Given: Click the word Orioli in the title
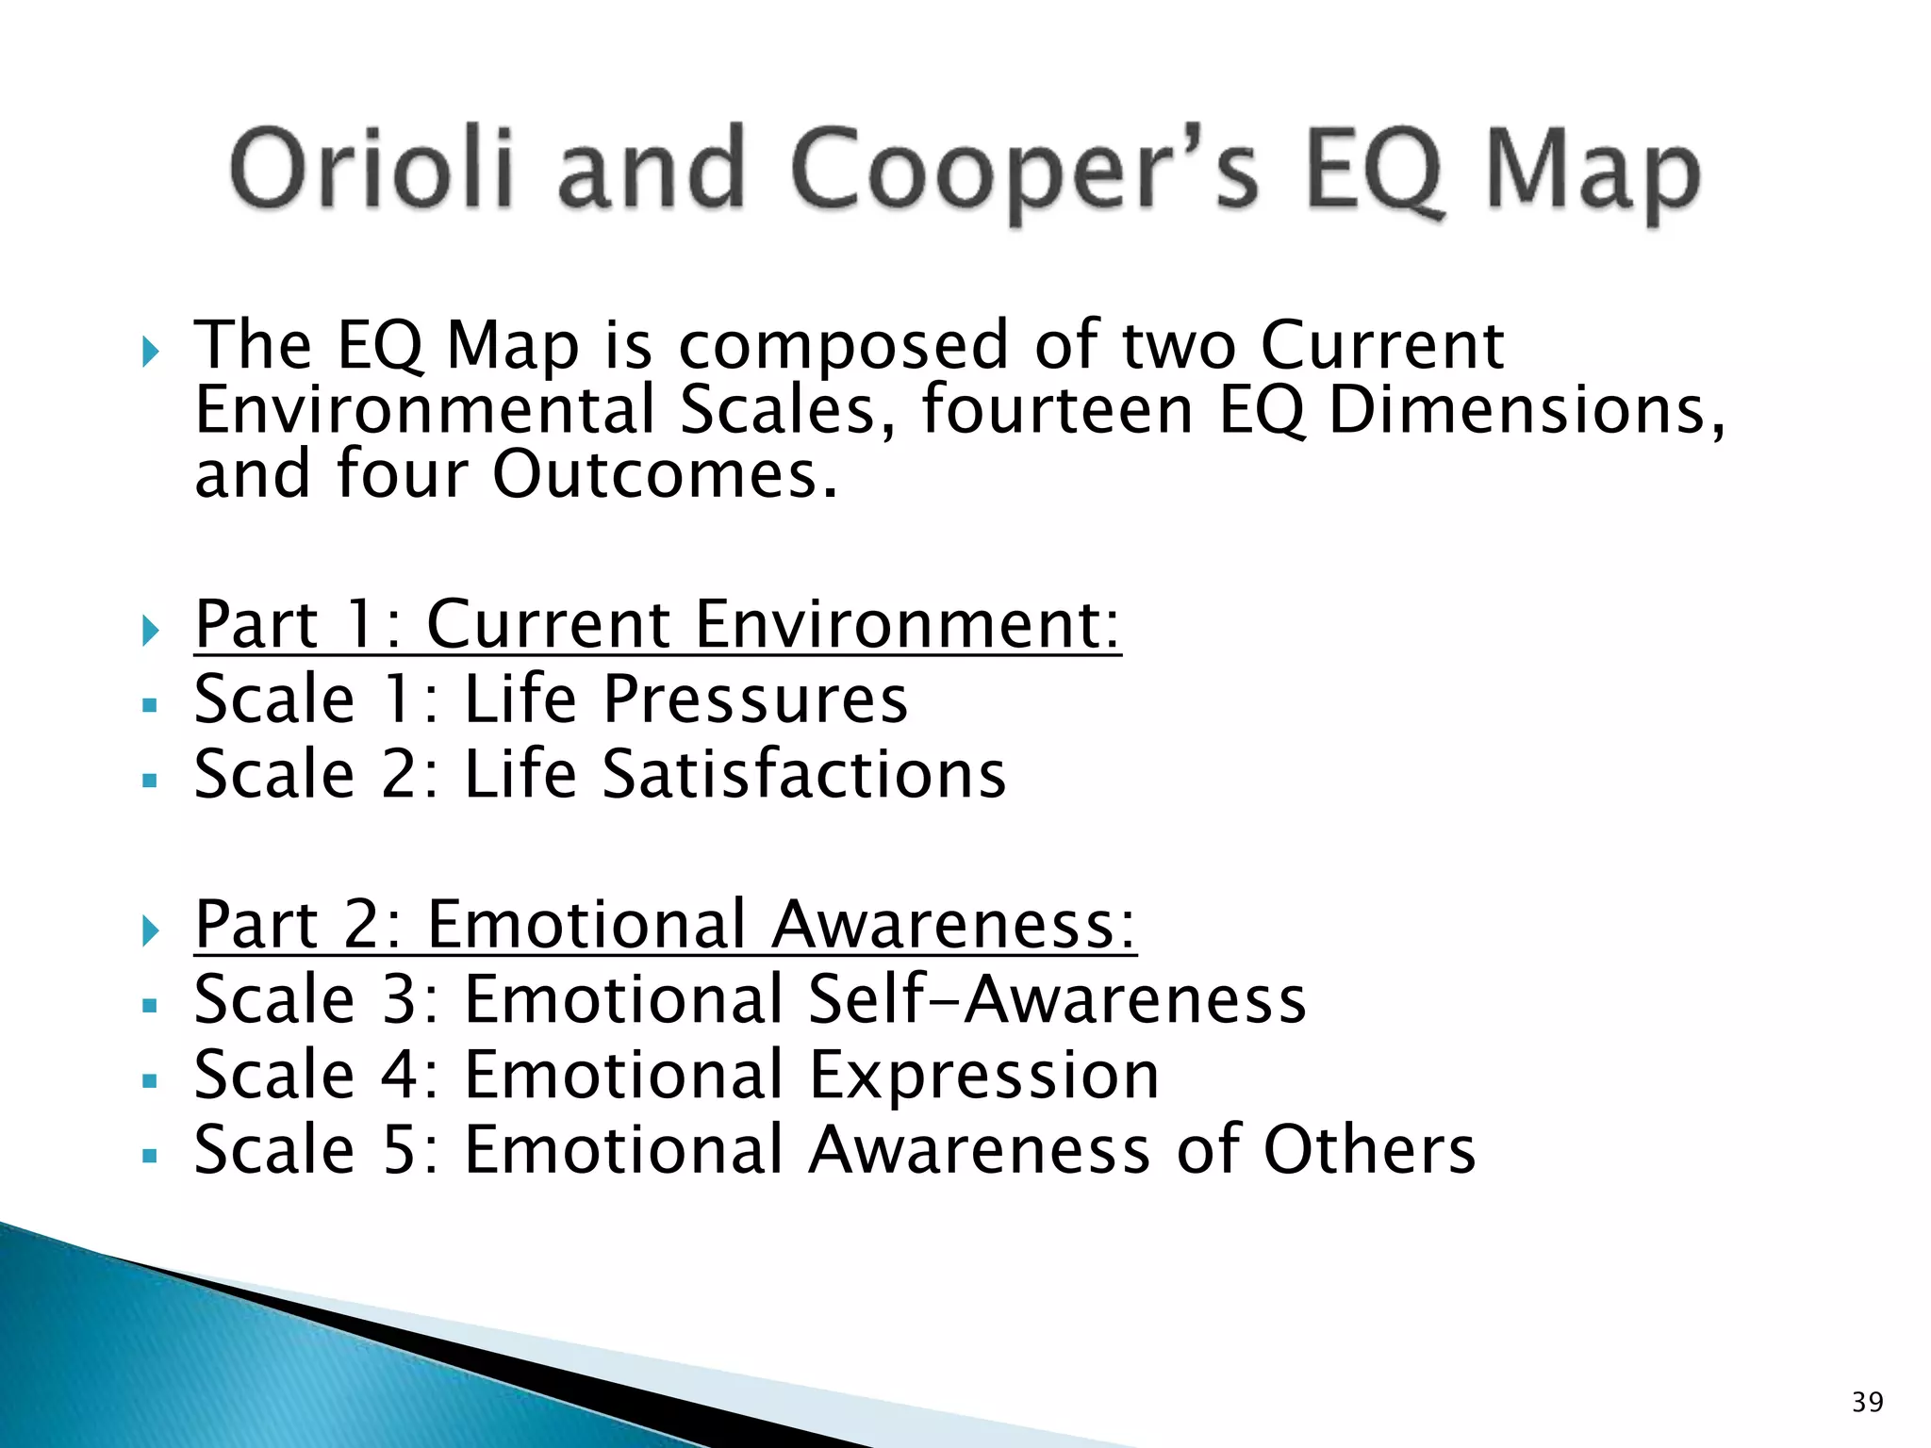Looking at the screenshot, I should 372,170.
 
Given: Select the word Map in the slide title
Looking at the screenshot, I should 1593,174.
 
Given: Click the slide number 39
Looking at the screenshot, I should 1867,1402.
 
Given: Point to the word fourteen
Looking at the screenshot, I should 1057,410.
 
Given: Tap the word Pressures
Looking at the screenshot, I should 755,699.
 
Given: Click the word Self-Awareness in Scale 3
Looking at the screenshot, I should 1057,999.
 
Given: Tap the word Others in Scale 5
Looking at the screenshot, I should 1369,1150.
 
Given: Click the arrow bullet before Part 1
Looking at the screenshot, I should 151,630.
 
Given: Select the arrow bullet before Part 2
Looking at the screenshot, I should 151,930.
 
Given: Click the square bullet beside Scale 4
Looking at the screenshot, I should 149,1081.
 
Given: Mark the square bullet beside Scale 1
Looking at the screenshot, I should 149,705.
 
